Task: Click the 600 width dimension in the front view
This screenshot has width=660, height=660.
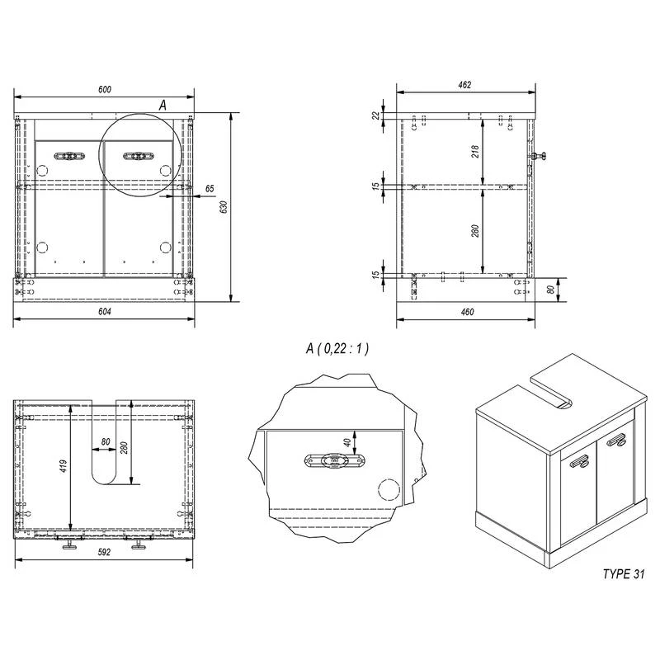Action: pyautogui.click(x=105, y=89)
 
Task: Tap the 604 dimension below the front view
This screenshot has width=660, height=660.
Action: pyautogui.click(x=105, y=311)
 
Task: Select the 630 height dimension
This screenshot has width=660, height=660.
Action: pyautogui.click(x=224, y=209)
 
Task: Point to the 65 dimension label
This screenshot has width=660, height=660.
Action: pyautogui.click(x=210, y=189)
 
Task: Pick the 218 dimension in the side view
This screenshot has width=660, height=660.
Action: pyautogui.click(x=475, y=152)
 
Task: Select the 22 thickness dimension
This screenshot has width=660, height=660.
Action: pyautogui.click(x=376, y=116)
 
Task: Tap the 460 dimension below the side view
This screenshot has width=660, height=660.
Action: pyautogui.click(x=467, y=312)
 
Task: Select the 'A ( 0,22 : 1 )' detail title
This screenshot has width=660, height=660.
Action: pyautogui.click(x=337, y=349)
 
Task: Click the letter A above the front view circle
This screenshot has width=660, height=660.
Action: pyautogui.click(x=163, y=105)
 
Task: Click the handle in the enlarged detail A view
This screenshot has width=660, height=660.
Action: pyautogui.click(x=333, y=462)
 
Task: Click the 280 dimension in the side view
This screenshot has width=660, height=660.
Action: pyautogui.click(x=475, y=230)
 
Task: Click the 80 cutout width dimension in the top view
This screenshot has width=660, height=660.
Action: pyautogui.click(x=106, y=441)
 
